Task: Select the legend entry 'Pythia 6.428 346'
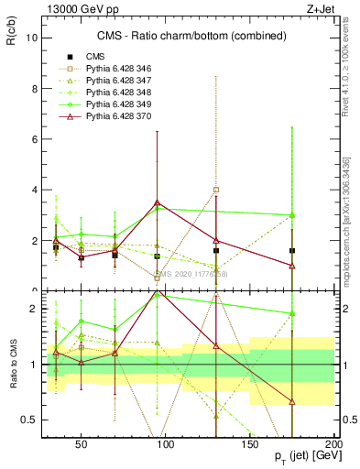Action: [116, 69]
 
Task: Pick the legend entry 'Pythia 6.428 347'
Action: [116, 82]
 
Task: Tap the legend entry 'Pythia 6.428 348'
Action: [116, 93]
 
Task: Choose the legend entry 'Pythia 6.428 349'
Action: [116, 105]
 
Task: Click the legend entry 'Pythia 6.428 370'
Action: [116, 117]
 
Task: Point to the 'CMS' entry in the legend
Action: [95, 57]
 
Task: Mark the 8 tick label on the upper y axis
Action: [33, 89]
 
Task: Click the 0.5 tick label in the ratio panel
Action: [28, 420]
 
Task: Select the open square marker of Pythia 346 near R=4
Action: [216, 190]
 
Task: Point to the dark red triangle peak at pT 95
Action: [158, 202]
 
